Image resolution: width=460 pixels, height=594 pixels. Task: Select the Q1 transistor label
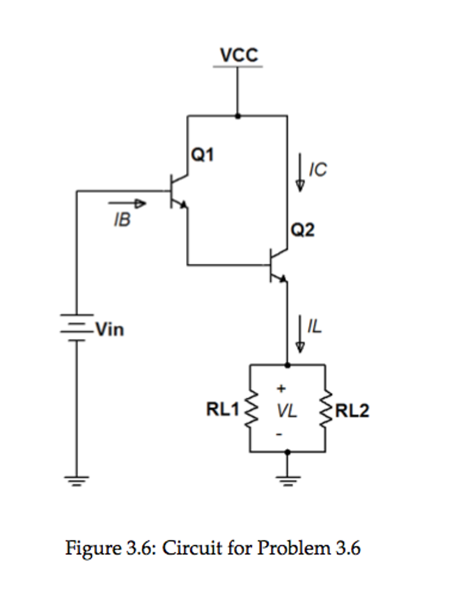pos(202,154)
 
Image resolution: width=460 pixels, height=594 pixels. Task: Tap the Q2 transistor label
pos(302,230)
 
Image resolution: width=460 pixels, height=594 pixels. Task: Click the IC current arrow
pos(300,172)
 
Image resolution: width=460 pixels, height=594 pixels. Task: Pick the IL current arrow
pos(300,334)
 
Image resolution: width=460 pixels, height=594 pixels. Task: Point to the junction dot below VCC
pos(238,116)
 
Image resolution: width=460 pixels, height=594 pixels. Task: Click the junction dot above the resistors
pos(287,365)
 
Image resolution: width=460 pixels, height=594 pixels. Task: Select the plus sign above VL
pos(281,388)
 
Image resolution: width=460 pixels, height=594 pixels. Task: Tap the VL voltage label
pos(286,411)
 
